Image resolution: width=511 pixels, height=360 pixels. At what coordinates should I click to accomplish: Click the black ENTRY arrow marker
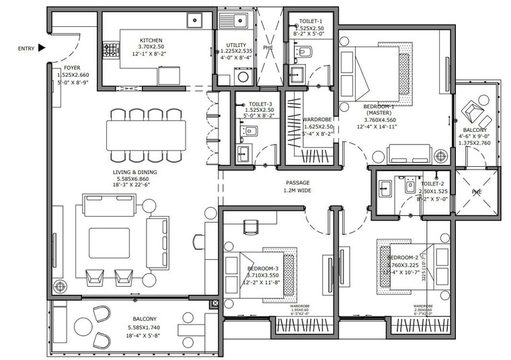pos(42,48)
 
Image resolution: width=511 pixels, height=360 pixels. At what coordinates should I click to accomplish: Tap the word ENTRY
pos(26,48)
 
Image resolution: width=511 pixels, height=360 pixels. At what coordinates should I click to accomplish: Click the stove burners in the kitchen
pos(108,50)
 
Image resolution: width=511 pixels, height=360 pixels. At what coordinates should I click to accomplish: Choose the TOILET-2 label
pos(432,184)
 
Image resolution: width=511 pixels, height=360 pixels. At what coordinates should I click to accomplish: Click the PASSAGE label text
pos(297,182)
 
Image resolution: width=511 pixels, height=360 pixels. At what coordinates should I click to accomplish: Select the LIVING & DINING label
pos(138,172)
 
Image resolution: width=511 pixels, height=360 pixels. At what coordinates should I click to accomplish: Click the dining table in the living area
pos(146,135)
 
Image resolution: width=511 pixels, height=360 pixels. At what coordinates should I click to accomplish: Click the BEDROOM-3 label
pos(262,268)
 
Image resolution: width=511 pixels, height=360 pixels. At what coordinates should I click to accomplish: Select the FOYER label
pos(72,68)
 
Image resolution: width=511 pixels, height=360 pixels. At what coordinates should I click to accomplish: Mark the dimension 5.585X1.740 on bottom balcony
pos(145,327)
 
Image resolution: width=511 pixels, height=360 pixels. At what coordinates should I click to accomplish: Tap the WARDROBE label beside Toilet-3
pos(314,118)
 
